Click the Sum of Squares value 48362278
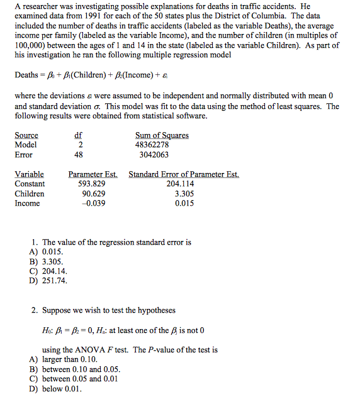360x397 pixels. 152,145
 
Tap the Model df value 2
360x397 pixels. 79,145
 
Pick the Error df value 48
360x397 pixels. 79,155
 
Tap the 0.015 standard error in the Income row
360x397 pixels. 184,203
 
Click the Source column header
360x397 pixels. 26,135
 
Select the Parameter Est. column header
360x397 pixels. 94,174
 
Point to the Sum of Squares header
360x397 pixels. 162,135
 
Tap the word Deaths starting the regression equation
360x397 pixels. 26,75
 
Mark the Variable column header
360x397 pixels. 29,174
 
